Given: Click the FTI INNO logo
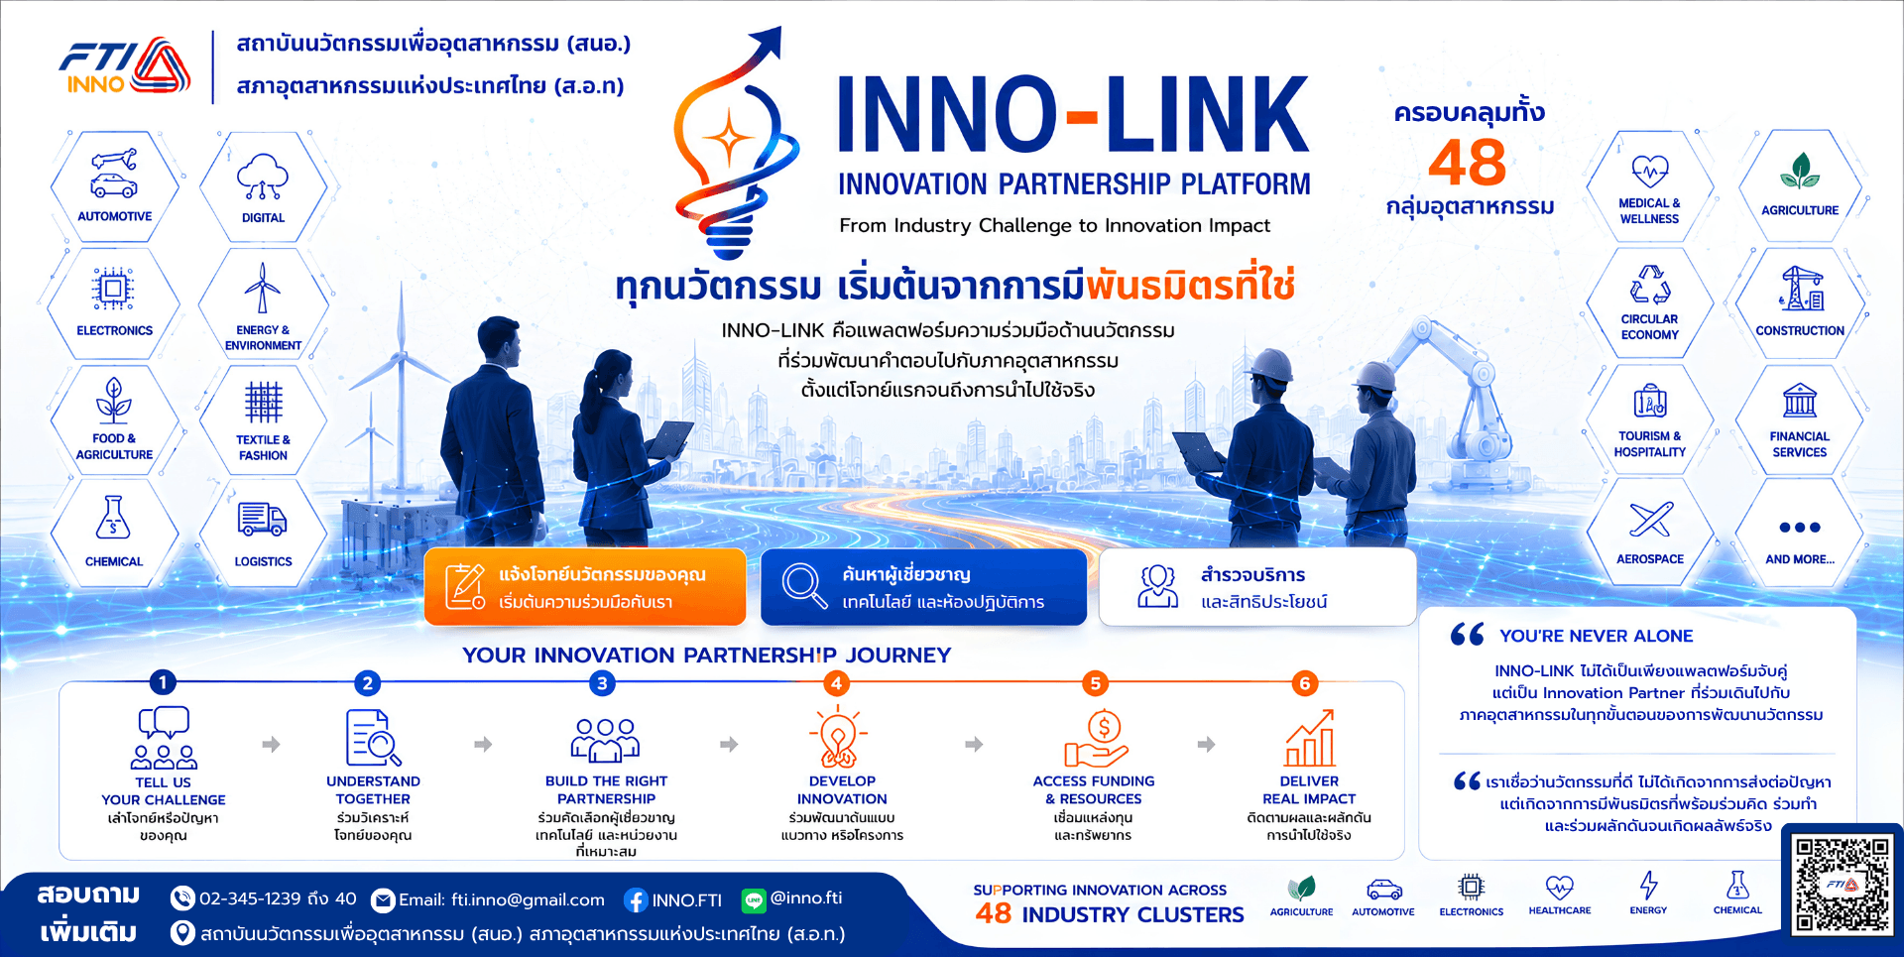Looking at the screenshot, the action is coord(125,67).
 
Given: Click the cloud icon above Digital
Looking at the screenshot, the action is coord(263,177).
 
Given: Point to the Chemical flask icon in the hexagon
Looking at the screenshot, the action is coord(113,517).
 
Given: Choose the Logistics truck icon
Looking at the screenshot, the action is coord(262,519).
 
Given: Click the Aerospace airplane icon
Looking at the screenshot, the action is coord(1650,520).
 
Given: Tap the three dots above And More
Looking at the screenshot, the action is coord(1799,528).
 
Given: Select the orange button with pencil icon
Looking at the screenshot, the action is coord(585,587).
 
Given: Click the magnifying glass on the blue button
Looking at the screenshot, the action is coord(804,585).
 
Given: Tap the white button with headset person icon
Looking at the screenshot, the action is coord(1257,587).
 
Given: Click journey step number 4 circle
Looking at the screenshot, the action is coord(836,683).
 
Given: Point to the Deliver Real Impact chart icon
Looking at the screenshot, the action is coord(1309,738).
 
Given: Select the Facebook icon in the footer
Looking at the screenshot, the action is coord(636,900).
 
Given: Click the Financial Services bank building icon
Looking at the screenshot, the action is coord(1799,401).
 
